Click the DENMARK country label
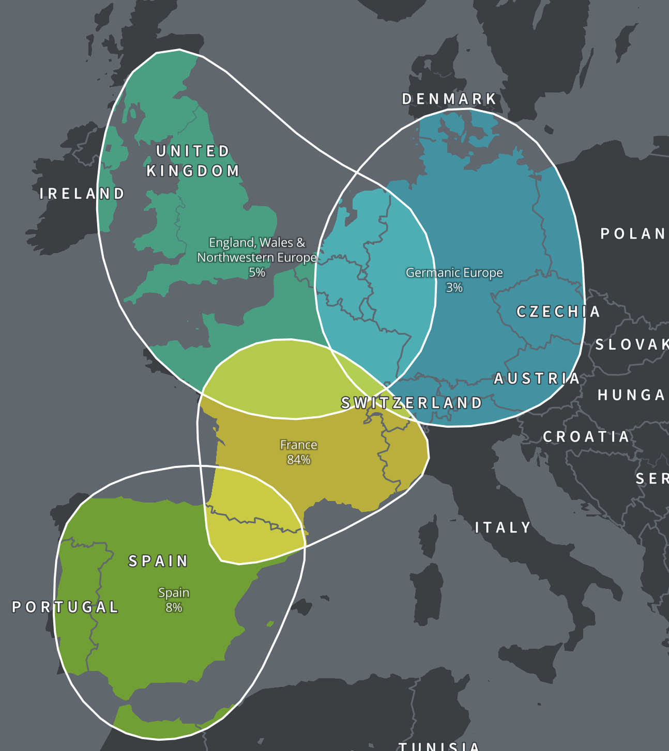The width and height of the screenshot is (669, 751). click(x=449, y=99)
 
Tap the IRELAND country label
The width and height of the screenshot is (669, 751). click(x=82, y=194)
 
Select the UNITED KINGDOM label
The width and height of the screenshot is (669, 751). click(x=193, y=161)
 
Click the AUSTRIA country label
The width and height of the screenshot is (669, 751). click(x=537, y=379)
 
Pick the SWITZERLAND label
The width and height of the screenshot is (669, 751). click(x=412, y=403)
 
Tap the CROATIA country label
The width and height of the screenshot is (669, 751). click(x=586, y=437)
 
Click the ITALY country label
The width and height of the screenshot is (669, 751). click(x=503, y=527)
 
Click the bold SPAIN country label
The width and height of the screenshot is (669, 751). click(x=158, y=561)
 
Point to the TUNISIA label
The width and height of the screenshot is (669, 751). click(x=439, y=746)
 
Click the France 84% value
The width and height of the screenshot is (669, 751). click(x=299, y=460)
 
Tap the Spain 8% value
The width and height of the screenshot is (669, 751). click(x=174, y=607)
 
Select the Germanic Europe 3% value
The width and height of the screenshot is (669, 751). click(x=454, y=288)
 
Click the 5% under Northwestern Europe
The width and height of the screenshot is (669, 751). click(x=257, y=272)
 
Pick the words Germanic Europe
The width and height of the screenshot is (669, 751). click(x=454, y=273)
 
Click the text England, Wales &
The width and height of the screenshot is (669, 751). click(x=257, y=242)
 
